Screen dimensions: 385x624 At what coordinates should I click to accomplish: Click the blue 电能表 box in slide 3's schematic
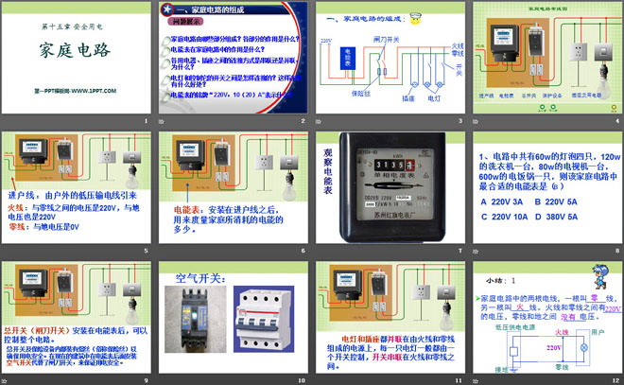coord(348,59)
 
